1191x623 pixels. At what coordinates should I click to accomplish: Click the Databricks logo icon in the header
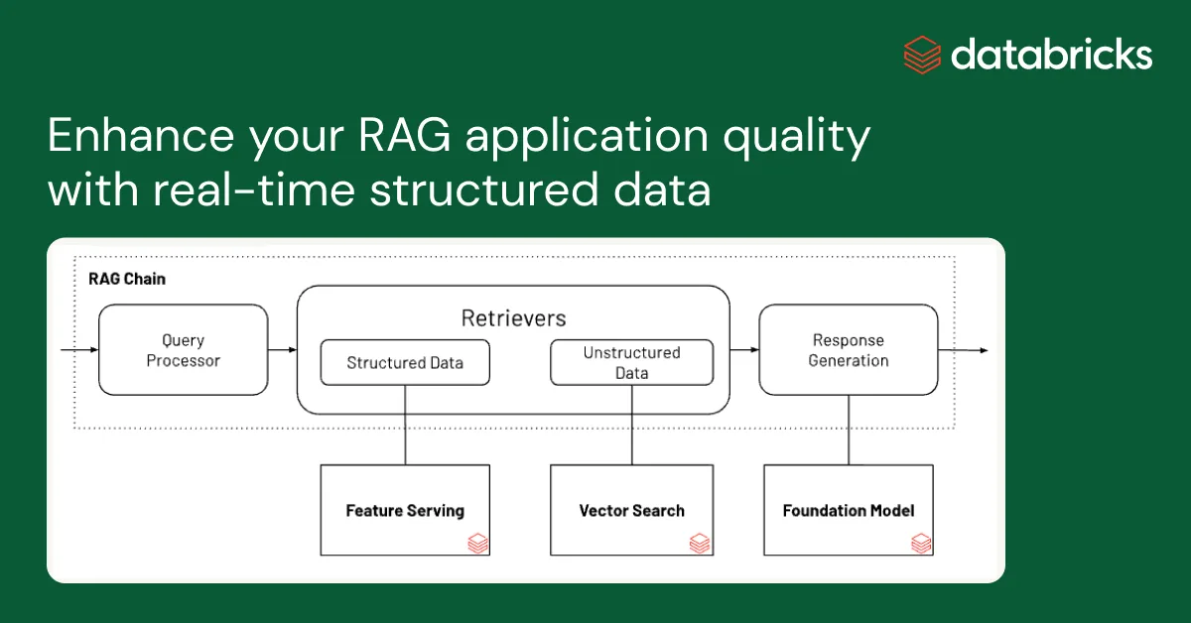(x=922, y=54)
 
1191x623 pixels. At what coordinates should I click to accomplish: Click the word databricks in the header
(x=1051, y=55)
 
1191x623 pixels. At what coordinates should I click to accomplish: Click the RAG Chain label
(x=127, y=279)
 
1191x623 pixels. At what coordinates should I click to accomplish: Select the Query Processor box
(x=184, y=350)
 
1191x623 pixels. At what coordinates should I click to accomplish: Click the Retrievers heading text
(x=513, y=318)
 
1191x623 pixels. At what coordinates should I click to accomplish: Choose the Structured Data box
(x=405, y=363)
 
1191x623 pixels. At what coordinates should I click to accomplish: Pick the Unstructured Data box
(x=631, y=363)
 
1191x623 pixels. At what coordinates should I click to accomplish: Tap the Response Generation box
(x=848, y=350)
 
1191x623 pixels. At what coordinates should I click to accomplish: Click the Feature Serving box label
(x=405, y=511)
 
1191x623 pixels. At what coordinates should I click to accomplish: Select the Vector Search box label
(x=631, y=511)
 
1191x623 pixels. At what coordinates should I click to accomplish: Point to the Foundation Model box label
(x=848, y=511)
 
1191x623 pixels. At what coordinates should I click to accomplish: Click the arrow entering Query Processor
(x=79, y=350)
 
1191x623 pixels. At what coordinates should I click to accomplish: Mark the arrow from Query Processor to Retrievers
(x=283, y=350)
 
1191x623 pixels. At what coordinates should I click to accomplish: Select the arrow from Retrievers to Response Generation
(x=744, y=350)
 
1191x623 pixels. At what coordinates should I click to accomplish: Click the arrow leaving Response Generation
(x=963, y=350)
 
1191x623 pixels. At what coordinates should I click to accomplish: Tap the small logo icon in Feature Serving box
(x=477, y=543)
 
